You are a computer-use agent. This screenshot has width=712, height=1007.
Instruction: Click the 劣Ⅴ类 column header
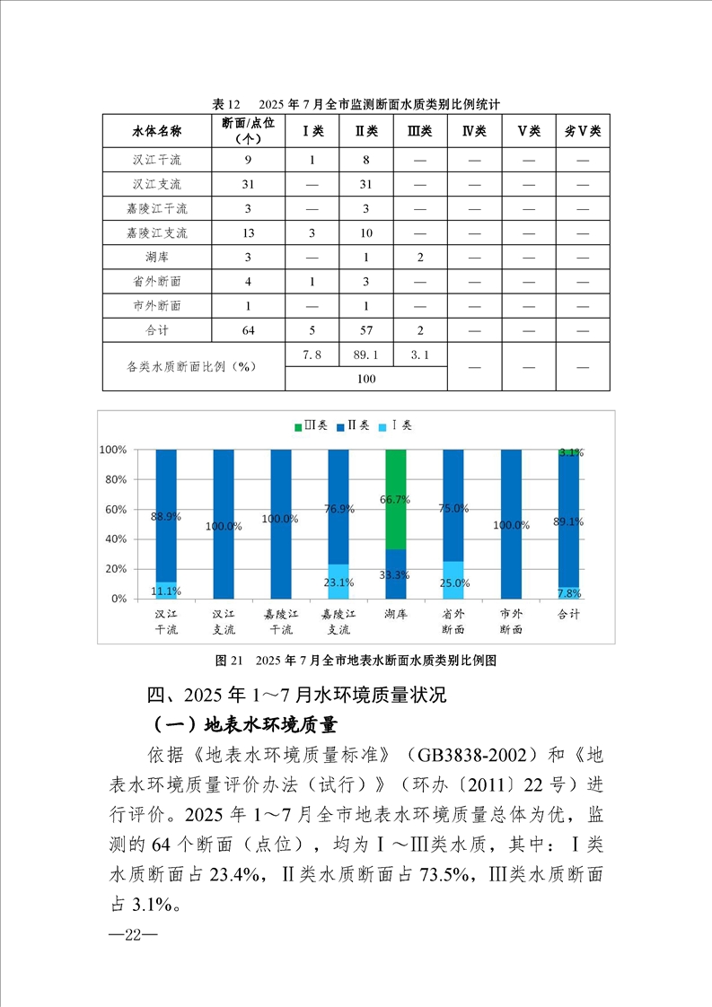click(583, 131)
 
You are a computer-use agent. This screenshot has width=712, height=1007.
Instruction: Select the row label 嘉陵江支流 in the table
click(157, 233)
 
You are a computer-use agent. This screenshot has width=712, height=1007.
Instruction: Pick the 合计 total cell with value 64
click(249, 330)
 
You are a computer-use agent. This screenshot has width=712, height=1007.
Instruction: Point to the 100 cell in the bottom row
click(365, 379)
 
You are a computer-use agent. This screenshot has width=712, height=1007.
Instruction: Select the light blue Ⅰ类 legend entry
click(400, 425)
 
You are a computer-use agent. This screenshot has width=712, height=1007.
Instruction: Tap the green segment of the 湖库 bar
click(395, 499)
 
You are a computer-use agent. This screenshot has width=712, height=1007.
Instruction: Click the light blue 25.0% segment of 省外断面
click(453, 580)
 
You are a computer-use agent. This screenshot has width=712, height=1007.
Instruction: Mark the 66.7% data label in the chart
click(396, 499)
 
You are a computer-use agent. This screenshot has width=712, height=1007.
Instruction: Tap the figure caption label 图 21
click(230, 661)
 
